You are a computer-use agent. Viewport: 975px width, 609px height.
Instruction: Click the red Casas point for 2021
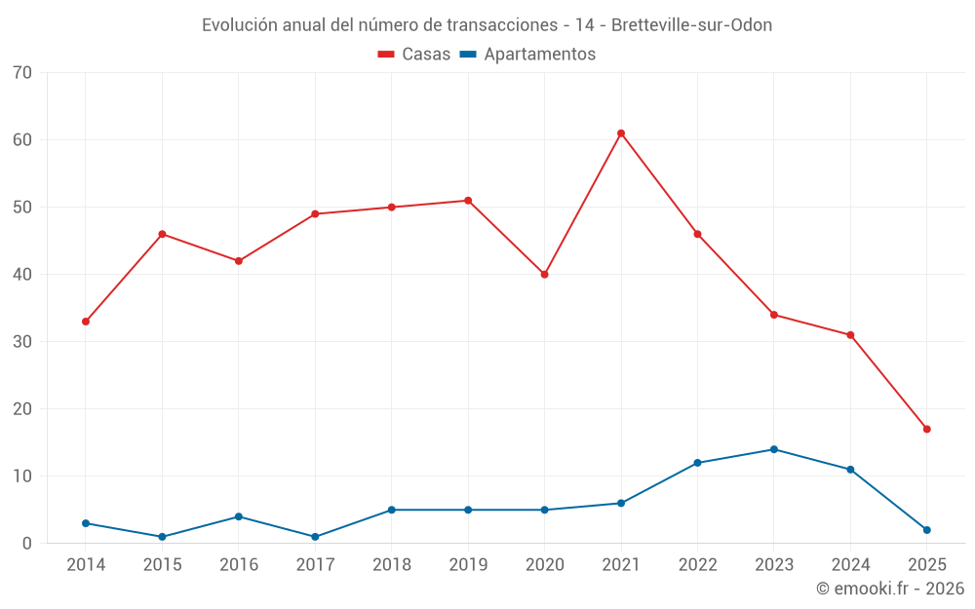621,133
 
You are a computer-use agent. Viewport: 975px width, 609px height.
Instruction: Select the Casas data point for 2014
86,322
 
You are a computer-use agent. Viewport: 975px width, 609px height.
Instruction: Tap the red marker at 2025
926,429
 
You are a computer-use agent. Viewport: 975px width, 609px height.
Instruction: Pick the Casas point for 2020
544,275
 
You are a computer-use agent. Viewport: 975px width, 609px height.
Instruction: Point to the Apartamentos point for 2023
774,449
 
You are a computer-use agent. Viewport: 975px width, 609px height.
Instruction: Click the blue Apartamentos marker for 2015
162,537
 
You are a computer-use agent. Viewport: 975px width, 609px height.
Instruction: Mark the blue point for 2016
239,516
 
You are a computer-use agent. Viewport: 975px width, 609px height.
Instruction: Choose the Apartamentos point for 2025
926,530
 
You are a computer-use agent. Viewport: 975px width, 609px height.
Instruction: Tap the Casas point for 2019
468,201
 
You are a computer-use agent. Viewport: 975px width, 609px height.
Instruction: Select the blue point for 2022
697,463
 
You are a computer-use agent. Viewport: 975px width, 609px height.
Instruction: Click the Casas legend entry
414,55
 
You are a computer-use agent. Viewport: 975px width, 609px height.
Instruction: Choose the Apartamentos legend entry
527,55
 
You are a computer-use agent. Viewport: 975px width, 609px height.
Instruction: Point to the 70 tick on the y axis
22,73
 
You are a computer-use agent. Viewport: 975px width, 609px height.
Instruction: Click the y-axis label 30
22,342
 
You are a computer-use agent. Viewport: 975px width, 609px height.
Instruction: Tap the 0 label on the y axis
27,544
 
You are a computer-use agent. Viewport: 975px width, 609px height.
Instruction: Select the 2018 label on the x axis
391,565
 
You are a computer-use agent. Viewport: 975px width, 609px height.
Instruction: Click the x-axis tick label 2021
621,565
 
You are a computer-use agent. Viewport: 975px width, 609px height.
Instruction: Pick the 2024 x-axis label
850,565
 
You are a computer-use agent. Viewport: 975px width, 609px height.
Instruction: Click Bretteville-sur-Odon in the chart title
691,25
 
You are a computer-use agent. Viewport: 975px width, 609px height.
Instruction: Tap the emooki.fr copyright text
890,589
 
